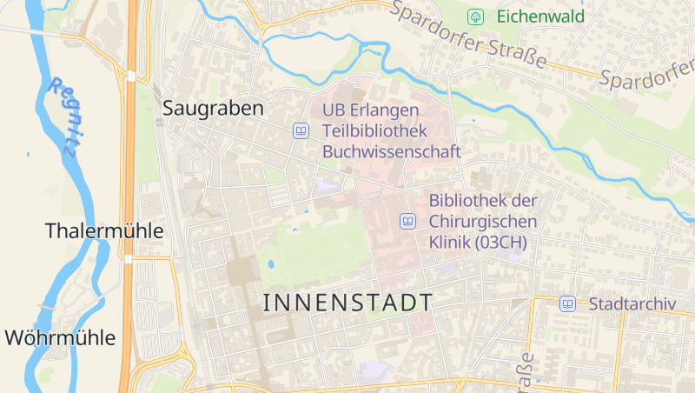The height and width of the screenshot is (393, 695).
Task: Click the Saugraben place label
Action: pyautogui.click(x=213, y=109)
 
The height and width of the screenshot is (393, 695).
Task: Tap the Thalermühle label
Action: pyautogui.click(x=104, y=231)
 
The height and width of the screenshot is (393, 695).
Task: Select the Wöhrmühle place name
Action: pyautogui.click(x=60, y=337)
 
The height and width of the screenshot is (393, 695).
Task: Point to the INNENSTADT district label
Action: pyautogui.click(x=347, y=303)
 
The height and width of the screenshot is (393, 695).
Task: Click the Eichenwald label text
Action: pyautogui.click(x=540, y=17)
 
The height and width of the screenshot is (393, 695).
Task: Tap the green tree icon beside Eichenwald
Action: pyautogui.click(x=475, y=17)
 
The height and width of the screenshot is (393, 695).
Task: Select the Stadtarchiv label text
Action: pyautogui.click(x=632, y=304)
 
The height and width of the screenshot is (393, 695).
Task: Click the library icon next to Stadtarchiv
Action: pyautogui.click(x=567, y=304)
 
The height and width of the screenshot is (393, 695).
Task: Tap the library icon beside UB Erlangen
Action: pyautogui.click(x=301, y=131)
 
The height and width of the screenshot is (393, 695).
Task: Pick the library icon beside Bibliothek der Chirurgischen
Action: pyautogui.click(x=407, y=222)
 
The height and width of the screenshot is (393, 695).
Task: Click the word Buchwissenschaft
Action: pyautogui.click(x=391, y=151)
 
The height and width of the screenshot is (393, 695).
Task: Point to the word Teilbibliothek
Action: pyautogui.click(x=375, y=131)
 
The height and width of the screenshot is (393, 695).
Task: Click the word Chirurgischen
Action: pyautogui.click(x=483, y=222)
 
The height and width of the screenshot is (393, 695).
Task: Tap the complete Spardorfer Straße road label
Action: pyautogui.click(x=468, y=37)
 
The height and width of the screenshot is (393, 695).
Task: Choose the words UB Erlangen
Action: pyautogui.click(x=371, y=111)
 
